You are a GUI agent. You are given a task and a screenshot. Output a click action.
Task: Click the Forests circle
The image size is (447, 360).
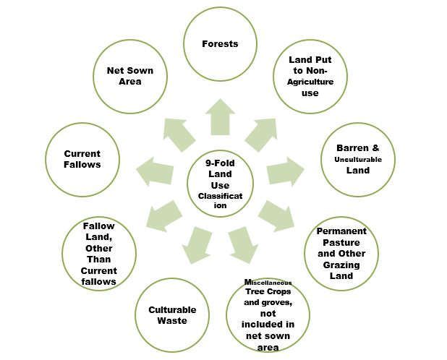[221, 44]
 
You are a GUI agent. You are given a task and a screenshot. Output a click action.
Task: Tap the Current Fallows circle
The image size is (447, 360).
[82, 159]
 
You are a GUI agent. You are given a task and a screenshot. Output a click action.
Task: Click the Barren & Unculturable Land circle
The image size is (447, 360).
[357, 160]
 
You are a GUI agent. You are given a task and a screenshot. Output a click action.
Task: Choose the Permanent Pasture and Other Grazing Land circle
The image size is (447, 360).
[341, 253]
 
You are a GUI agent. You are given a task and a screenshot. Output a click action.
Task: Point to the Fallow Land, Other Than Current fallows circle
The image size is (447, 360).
[99, 253]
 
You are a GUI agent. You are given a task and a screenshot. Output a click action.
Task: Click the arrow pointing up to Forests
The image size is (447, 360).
[220, 117]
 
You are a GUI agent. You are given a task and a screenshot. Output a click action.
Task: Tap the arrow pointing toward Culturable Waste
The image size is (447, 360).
[196, 244]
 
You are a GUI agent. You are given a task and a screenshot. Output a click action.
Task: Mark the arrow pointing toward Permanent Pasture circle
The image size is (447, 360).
[276, 215]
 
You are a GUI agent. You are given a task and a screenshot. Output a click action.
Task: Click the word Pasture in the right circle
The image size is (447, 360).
[341, 243]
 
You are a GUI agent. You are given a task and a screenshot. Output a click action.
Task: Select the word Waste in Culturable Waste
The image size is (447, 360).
[172, 321]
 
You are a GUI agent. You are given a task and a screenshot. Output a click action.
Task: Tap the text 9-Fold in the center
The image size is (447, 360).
[219, 163]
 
